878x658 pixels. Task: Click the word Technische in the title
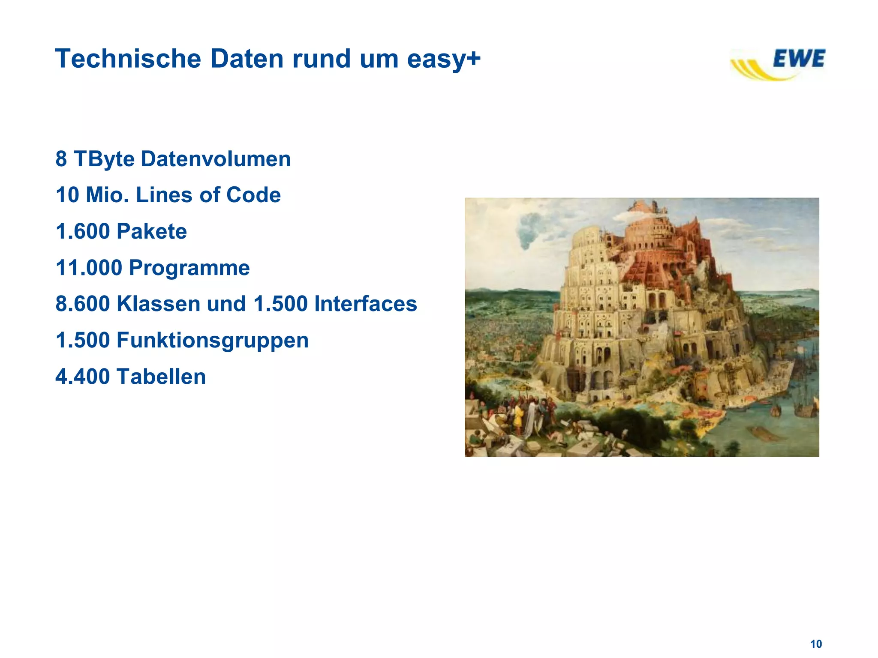(128, 59)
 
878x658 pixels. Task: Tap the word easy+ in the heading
(444, 60)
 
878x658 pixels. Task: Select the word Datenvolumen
(216, 159)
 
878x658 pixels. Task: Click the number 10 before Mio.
(67, 195)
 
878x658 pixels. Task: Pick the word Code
(253, 195)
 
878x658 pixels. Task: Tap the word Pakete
(152, 232)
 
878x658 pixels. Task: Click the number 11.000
(89, 268)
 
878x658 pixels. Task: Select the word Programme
(189, 268)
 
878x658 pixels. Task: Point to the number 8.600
(83, 304)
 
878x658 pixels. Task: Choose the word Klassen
(158, 304)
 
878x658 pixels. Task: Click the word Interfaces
(365, 304)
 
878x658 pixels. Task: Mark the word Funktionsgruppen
(212, 341)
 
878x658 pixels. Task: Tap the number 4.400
(83, 377)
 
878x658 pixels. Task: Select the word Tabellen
(161, 377)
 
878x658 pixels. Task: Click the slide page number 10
(816, 644)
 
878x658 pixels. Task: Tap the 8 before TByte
(61, 159)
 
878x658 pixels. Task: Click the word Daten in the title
(247, 59)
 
